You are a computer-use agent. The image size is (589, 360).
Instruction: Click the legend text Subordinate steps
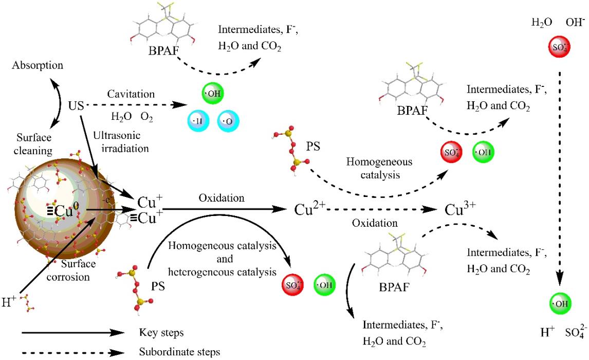(172, 352)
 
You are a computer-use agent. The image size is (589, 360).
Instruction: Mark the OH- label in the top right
(575, 23)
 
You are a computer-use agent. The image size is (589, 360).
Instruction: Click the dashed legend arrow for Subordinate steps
(72, 353)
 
